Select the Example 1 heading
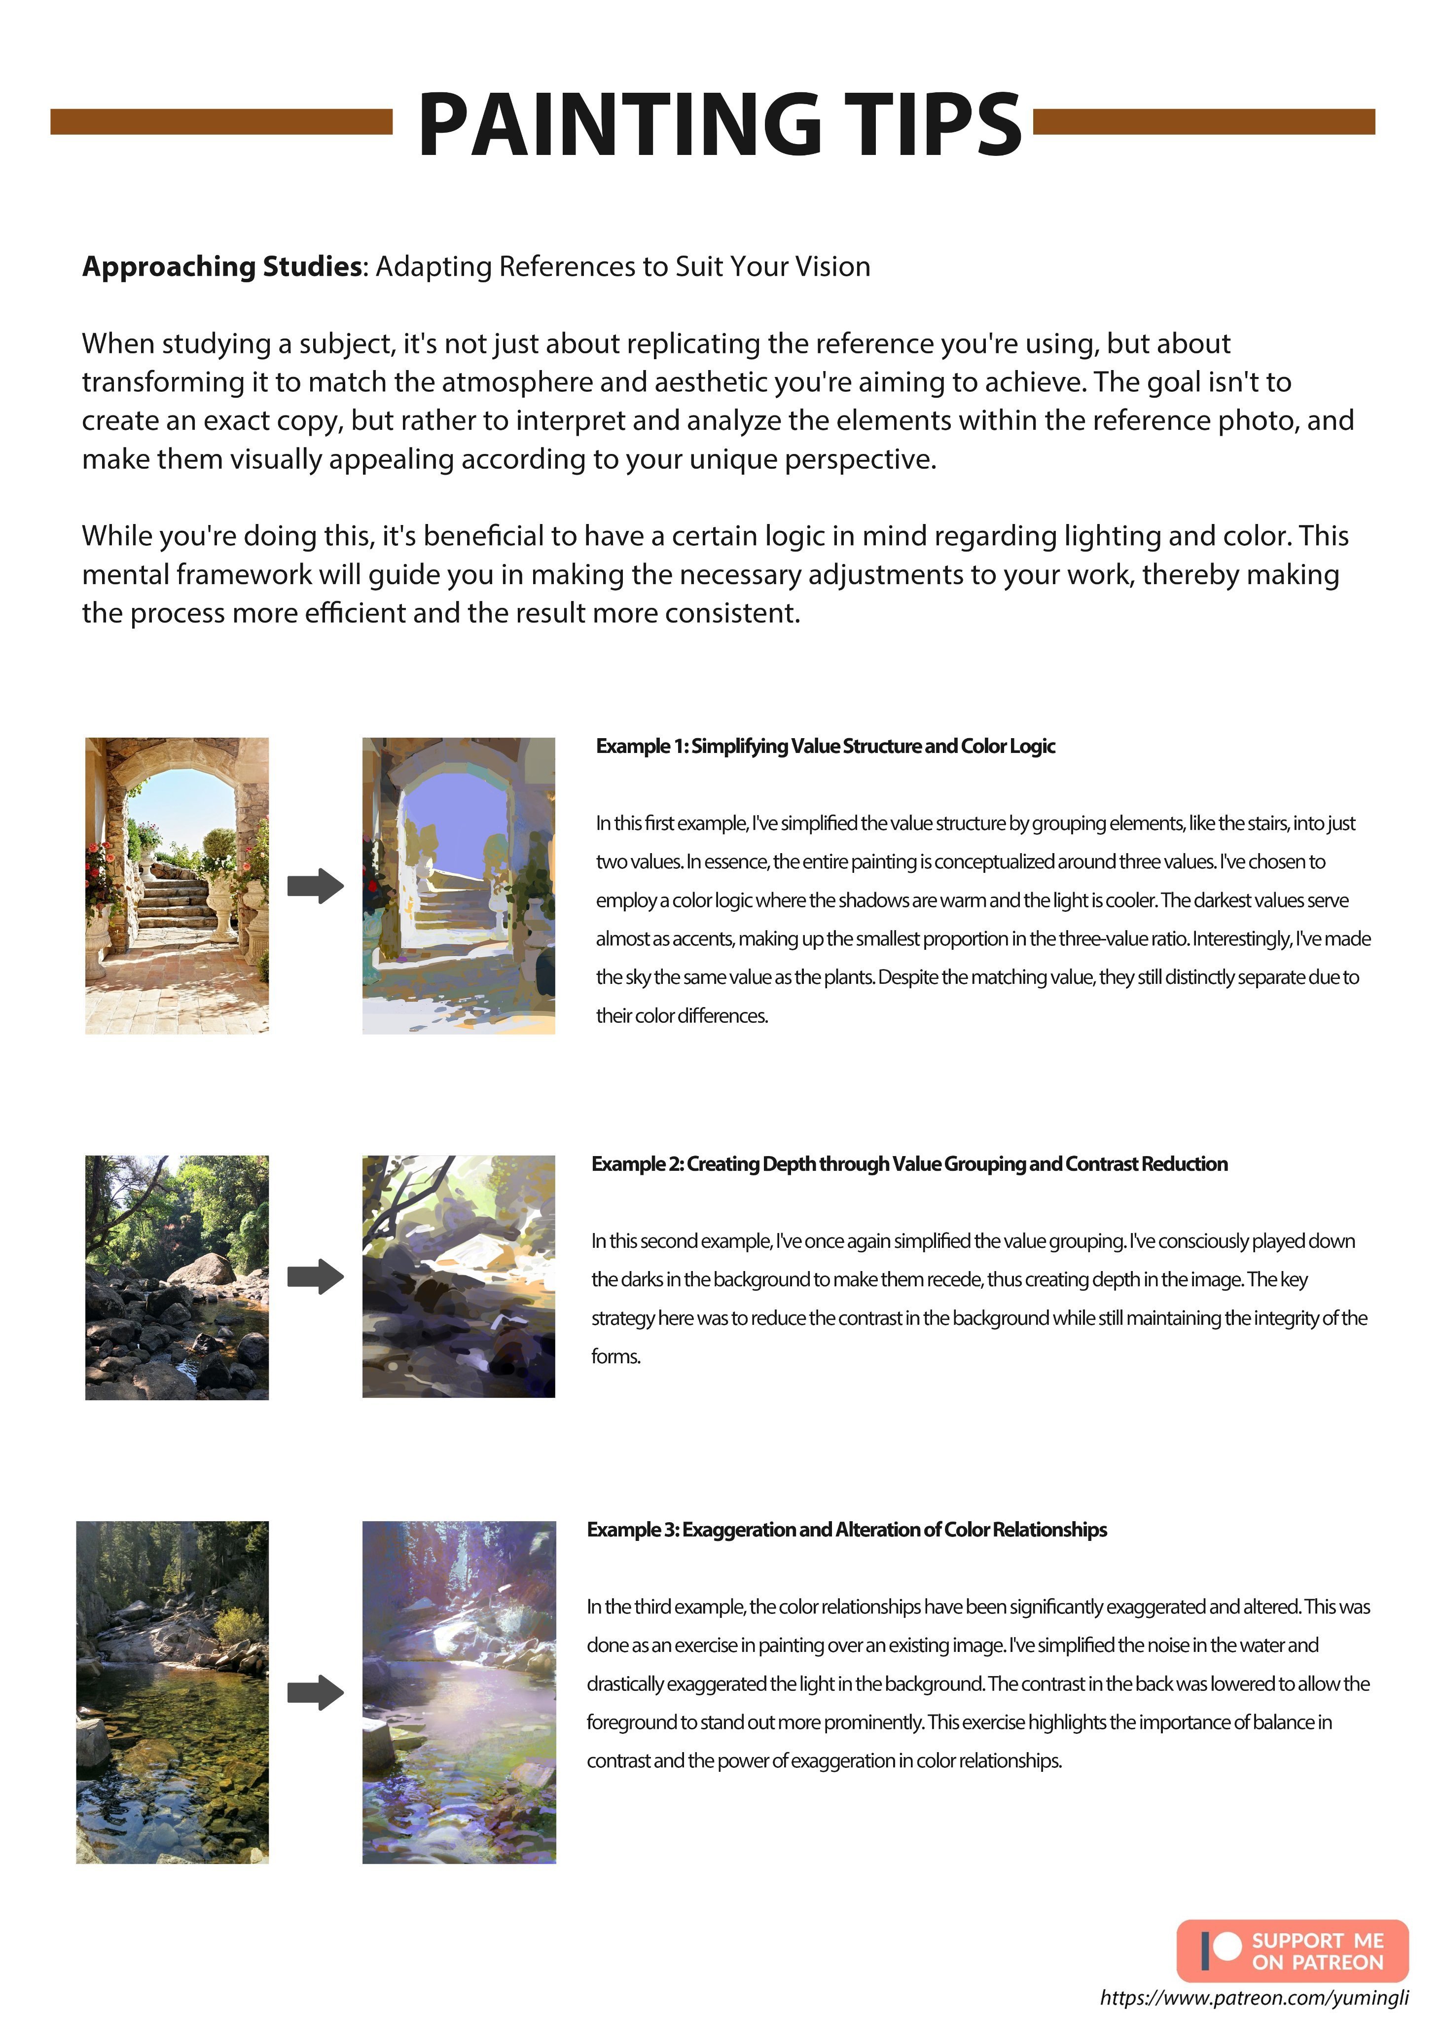[825, 746]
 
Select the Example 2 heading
[909, 1163]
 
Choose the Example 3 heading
[846, 1529]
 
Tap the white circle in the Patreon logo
[1227, 1946]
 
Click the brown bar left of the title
[221, 122]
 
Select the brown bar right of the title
[1204, 122]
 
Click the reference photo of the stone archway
[177, 885]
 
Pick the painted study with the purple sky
[459, 885]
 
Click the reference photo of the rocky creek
[177, 1277]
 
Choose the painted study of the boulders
[459, 1276]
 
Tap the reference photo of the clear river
[173, 1692]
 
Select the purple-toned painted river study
[459, 1692]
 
